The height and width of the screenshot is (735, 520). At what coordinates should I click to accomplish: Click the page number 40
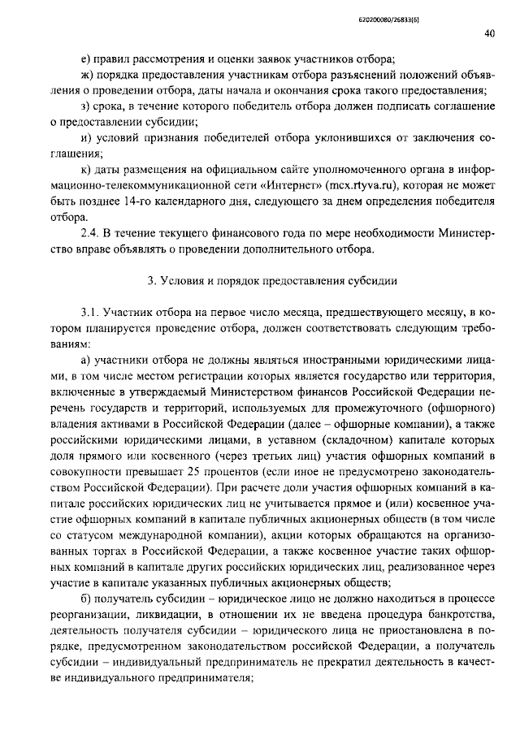tap(489, 34)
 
